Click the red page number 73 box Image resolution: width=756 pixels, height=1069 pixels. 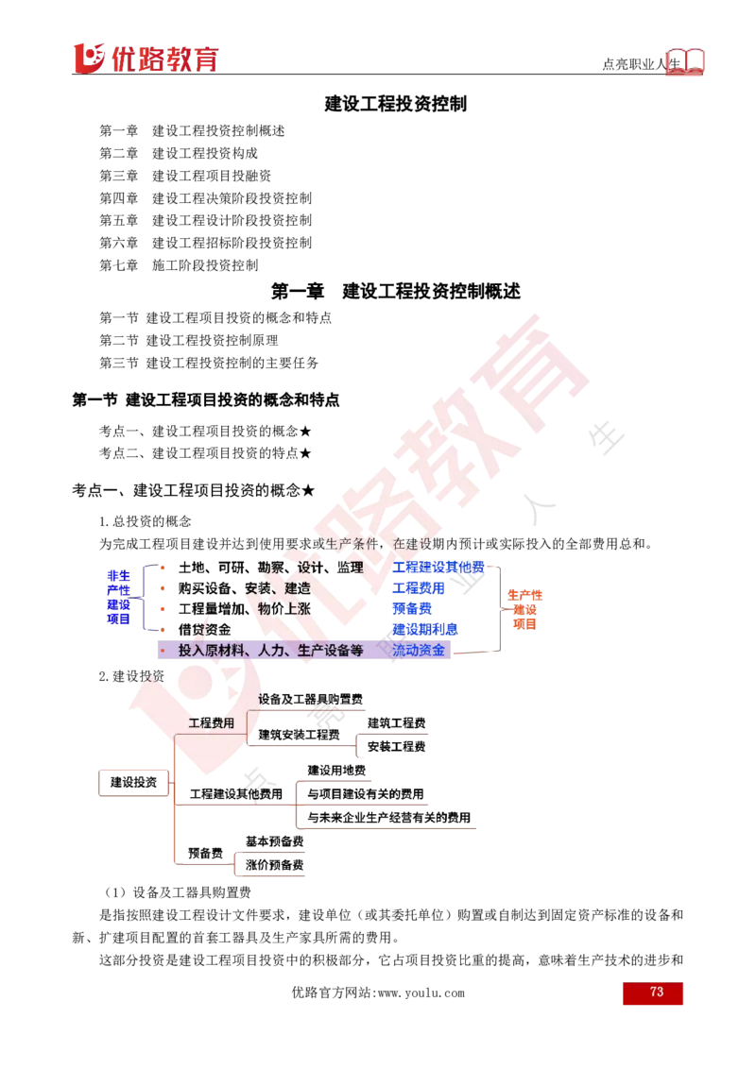tap(652, 993)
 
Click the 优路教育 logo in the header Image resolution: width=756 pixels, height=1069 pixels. tap(146, 59)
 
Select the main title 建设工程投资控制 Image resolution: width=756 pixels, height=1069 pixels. tap(396, 104)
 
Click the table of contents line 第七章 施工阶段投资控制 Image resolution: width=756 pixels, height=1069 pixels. tap(179, 265)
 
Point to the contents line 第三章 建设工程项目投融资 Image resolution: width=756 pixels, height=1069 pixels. tap(185, 176)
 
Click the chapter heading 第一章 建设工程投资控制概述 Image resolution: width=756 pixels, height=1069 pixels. tap(396, 292)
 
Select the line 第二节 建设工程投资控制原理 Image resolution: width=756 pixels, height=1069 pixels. tap(189, 340)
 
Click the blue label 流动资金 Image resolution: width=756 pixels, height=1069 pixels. tap(419, 651)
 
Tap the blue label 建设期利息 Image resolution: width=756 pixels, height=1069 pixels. tap(425, 629)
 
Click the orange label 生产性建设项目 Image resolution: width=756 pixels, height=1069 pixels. tap(524, 609)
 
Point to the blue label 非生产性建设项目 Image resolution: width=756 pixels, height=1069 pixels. tap(118, 597)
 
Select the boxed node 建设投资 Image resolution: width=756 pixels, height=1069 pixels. tap(134, 782)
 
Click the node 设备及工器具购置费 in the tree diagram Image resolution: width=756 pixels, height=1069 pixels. tap(311, 699)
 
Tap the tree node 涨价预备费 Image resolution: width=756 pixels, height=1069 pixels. tap(274, 864)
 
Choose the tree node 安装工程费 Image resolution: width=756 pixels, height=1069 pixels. tap(396, 747)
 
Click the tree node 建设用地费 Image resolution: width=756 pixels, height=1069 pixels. tap(336, 771)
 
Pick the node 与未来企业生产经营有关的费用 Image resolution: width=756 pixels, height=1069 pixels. tap(389, 818)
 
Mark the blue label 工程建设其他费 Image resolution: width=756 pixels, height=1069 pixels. tap(438, 568)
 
